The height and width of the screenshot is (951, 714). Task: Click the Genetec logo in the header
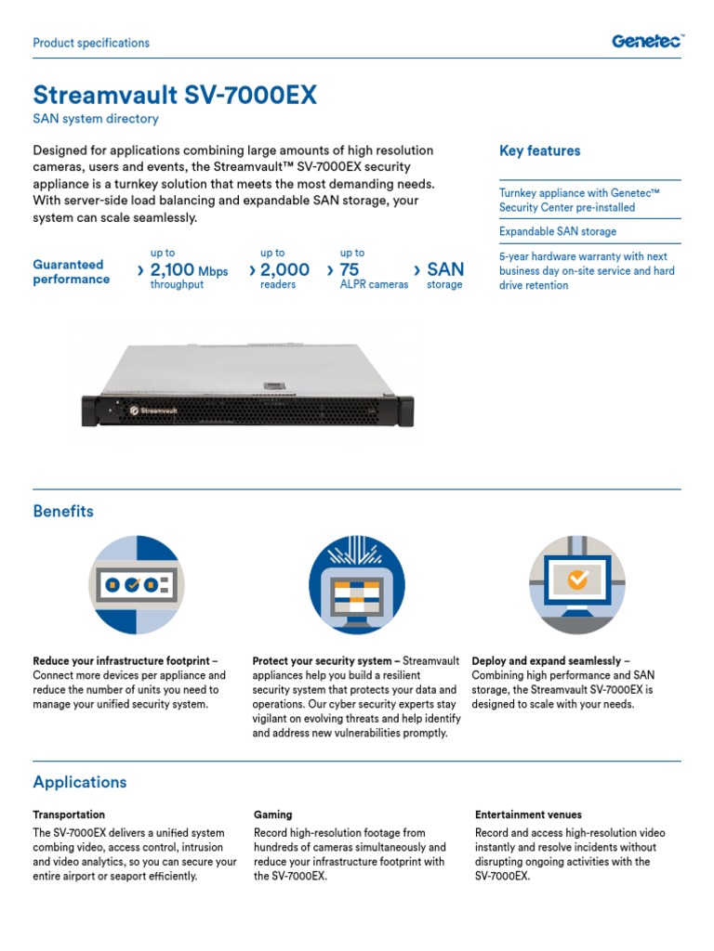[x=647, y=40]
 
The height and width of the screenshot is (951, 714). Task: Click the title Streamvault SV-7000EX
[x=175, y=96]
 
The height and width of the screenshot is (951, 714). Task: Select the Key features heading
[x=539, y=150]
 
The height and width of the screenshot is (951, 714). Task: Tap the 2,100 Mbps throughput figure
[x=189, y=270]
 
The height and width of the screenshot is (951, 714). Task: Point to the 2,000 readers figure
[x=284, y=270]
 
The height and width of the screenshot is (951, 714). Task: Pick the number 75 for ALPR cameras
[x=350, y=270]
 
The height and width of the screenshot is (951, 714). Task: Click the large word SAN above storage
[x=444, y=269]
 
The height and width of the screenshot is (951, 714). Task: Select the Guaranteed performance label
[x=71, y=272]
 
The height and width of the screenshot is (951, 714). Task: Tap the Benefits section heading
[x=63, y=511]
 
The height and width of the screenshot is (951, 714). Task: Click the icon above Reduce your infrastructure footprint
[x=137, y=583]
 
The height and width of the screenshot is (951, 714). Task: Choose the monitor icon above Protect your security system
[x=356, y=583]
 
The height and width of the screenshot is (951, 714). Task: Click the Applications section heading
[x=80, y=782]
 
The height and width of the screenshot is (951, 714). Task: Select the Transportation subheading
[x=69, y=814]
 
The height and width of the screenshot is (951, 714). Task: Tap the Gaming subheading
[x=272, y=814]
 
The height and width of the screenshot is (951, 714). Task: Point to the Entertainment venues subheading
[x=528, y=814]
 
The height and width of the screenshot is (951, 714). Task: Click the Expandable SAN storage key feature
[x=557, y=231]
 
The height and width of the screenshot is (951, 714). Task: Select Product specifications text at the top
[x=91, y=43]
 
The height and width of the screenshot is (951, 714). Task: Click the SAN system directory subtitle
[x=96, y=119]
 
